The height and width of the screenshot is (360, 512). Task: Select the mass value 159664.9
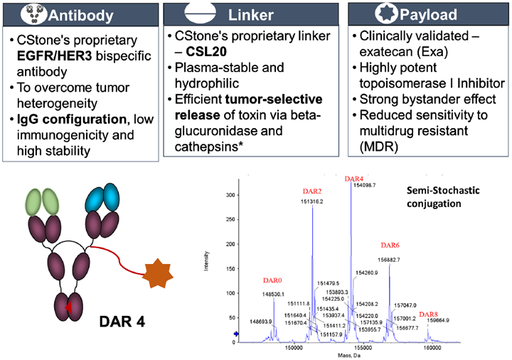tap(439, 321)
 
